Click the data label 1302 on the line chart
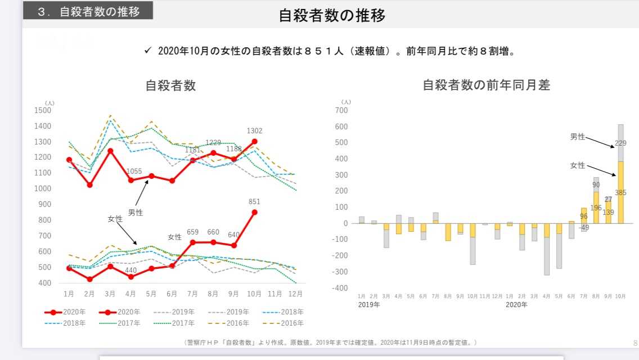254,131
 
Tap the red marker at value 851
254,212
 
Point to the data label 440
131,270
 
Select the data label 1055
134,172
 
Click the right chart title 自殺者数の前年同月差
486,85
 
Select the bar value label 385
620,193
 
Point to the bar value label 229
620,143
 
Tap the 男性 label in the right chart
578,137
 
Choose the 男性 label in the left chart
136,213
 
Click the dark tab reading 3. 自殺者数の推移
88,11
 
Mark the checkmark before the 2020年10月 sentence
148,51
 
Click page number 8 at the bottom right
635,343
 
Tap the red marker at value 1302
254,142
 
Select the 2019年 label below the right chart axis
368,304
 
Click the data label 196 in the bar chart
596,208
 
